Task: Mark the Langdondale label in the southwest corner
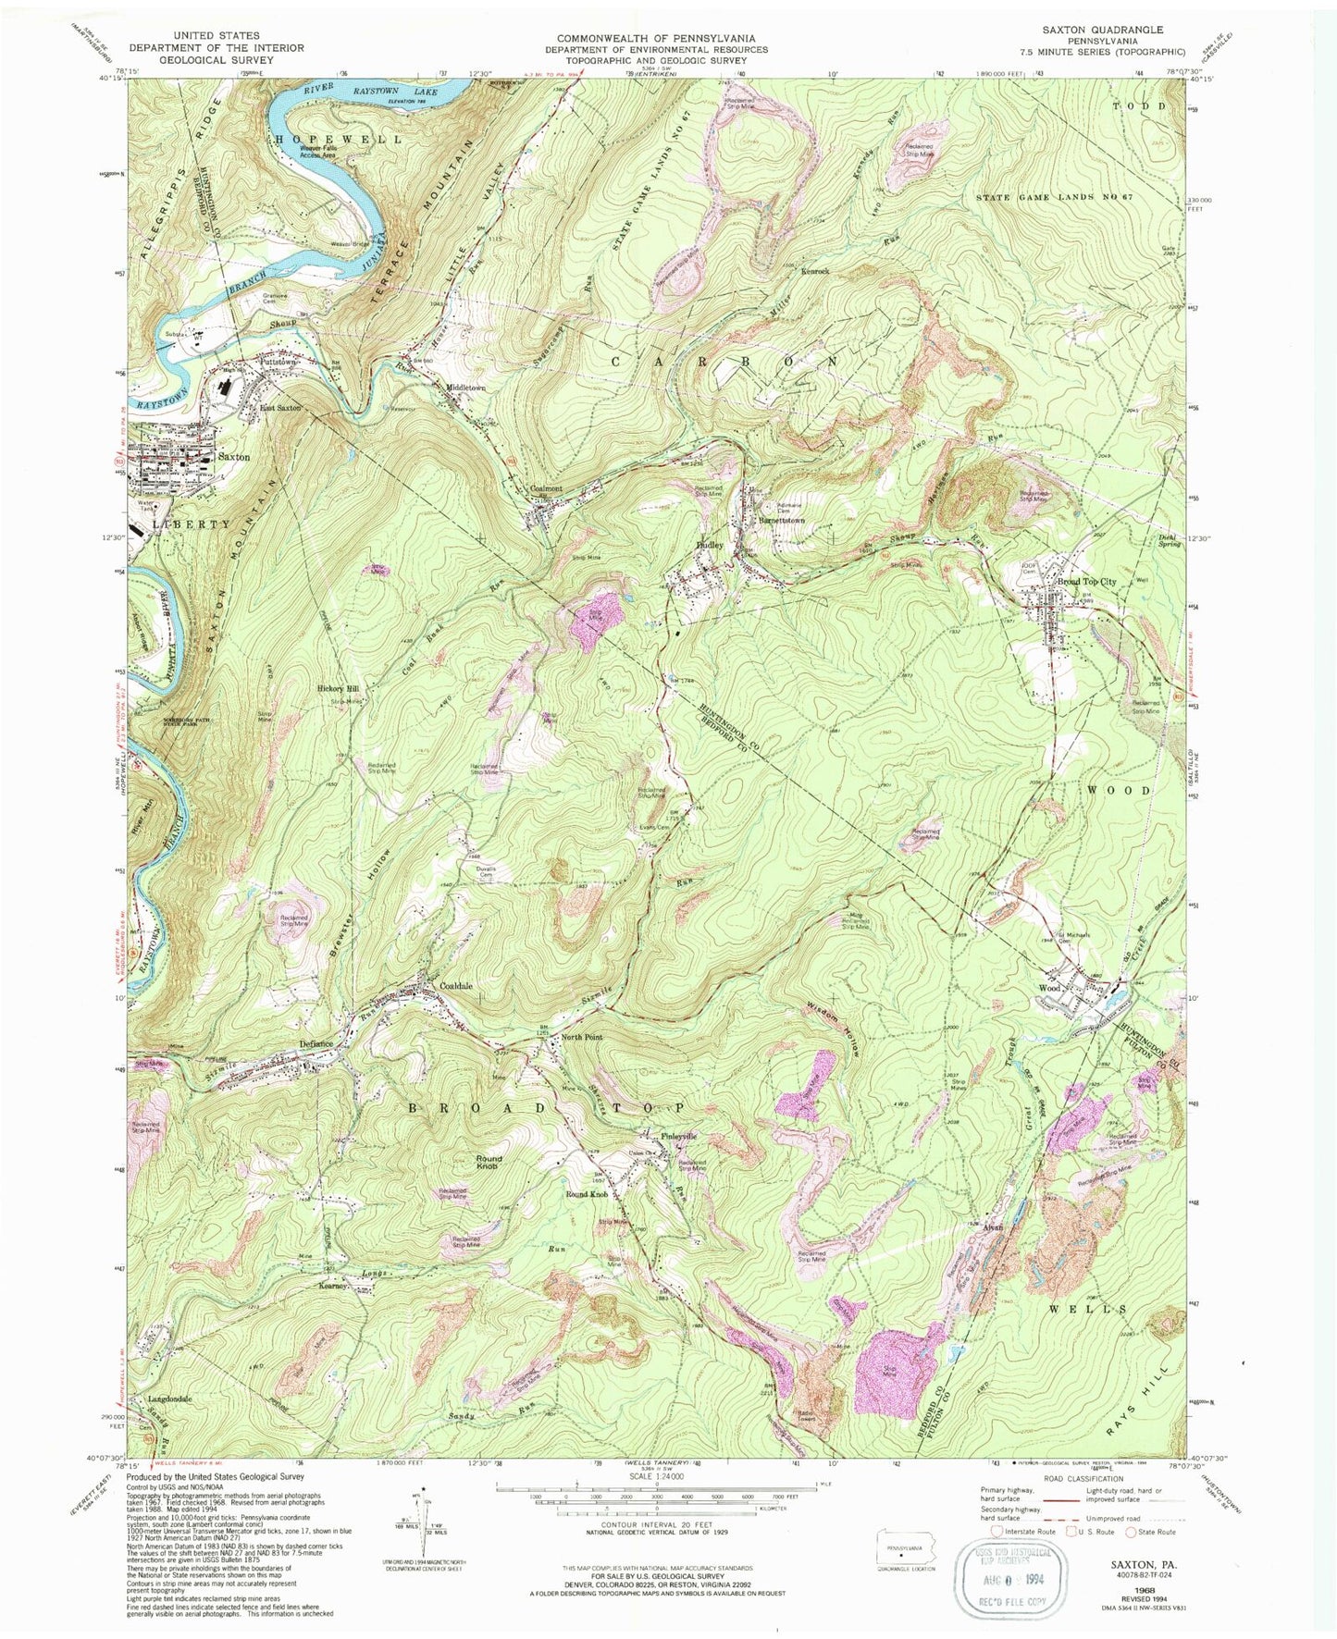pos(169,1399)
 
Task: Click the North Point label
pos(582,1038)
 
